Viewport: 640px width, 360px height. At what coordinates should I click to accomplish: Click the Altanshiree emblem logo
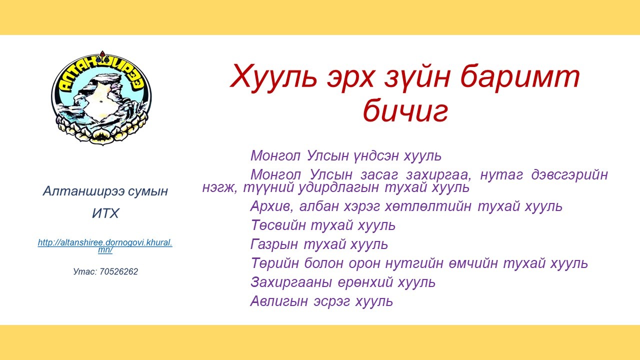(x=101, y=97)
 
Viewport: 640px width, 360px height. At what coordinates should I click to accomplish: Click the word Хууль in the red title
(x=273, y=76)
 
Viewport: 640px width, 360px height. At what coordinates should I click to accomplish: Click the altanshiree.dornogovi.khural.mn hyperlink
(x=105, y=246)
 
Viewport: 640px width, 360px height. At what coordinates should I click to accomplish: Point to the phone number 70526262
(x=118, y=271)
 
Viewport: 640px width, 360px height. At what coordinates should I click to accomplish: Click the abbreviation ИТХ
(x=105, y=213)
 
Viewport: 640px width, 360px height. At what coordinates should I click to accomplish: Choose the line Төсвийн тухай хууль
(x=323, y=225)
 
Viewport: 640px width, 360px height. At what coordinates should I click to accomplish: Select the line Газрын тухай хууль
(x=319, y=244)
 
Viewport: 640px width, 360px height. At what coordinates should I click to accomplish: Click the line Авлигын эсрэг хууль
(x=321, y=301)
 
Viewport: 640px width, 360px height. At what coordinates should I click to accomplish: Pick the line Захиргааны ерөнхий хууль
(x=343, y=282)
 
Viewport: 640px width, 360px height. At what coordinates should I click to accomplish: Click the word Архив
(x=271, y=206)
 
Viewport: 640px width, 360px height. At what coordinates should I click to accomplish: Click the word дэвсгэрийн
(x=569, y=175)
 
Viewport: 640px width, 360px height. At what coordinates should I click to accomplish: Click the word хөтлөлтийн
(x=428, y=206)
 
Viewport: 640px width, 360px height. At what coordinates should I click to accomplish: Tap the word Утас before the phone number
(x=85, y=271)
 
